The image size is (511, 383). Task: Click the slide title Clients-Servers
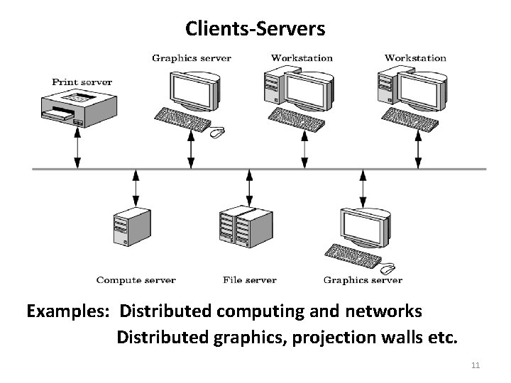[x=255, y=28]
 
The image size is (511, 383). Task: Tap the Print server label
[x=82, y=82]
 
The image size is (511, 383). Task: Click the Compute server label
[x=136, y=280]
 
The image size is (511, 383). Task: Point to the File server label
[x=249, y=280]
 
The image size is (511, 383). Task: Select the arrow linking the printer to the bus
[x=77, y=150]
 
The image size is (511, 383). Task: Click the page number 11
[x=476, y=365]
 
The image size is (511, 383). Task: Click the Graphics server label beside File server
[x=363, y=280]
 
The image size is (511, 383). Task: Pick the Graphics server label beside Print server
[x=192, y=57]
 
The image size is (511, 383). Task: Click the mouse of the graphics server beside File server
[x=388, y=269]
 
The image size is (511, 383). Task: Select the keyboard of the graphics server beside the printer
[x=182, y=118]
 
